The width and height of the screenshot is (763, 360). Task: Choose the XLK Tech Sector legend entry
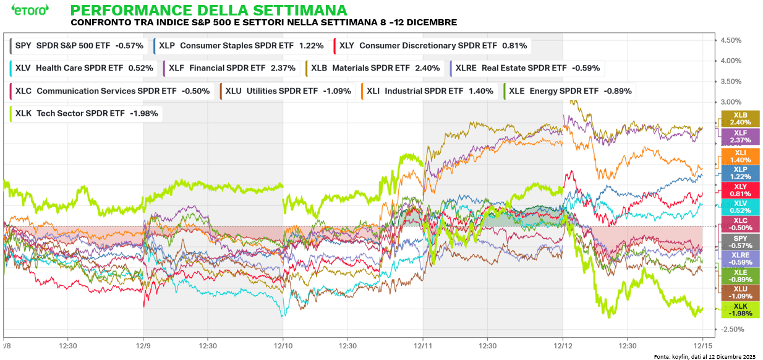[x=87, y=113]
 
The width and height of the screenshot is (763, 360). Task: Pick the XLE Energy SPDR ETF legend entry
[x=568, y=91]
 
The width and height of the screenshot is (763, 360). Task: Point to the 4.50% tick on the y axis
[x=730, y=40]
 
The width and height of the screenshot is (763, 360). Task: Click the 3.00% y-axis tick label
[x=730, y=102]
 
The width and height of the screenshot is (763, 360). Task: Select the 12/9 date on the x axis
[x=143, y=346]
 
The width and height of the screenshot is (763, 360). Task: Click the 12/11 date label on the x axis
[x=423, y=346]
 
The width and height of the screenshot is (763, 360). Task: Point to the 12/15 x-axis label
[x=702, y=346]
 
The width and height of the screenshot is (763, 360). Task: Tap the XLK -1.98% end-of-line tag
[x=740, y=310]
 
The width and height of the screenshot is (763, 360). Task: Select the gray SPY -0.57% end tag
[x=740, y=242]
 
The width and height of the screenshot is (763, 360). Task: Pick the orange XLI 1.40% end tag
[x=740, y=156]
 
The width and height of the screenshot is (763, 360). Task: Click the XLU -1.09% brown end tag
[x=740, y=293]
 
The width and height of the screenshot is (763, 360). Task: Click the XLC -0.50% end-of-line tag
[x=740, y=225]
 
